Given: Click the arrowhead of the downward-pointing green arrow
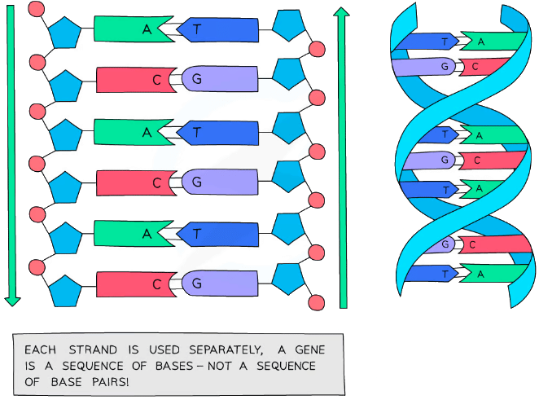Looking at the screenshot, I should pyautogui.click(x=11, y=301).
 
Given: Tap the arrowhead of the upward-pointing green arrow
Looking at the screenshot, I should pyautogui.click(x=343, y=11).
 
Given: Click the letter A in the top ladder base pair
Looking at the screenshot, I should pyautogui.click(x=147, y=29).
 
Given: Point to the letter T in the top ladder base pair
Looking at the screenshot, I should pyautogui.click(x=196, y=29).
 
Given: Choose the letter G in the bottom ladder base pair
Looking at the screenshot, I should pyautogui.click(x=196, y=284).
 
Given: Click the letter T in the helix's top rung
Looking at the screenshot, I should pyautogui.click(x=444, y=42).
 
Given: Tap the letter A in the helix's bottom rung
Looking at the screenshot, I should pyautogui.click(x=480, y=275).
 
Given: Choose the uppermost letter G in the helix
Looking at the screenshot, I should pyautogui.click(x=445, y=67).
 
